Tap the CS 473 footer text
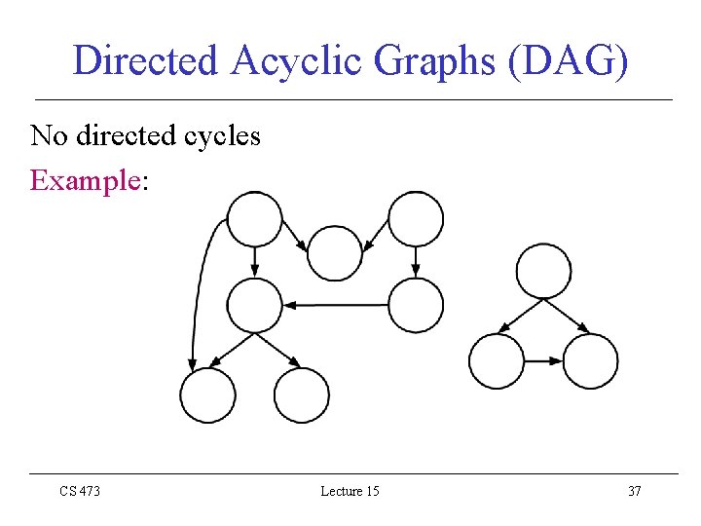80,491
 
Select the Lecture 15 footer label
350,491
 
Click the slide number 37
634,491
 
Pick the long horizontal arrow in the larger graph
336,305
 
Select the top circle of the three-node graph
543,271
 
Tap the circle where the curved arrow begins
254,219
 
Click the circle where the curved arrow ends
207,394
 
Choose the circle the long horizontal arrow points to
254,305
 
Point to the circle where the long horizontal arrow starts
416,305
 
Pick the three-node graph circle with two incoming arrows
590,361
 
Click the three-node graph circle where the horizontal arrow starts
497,361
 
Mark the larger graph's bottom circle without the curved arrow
302,394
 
